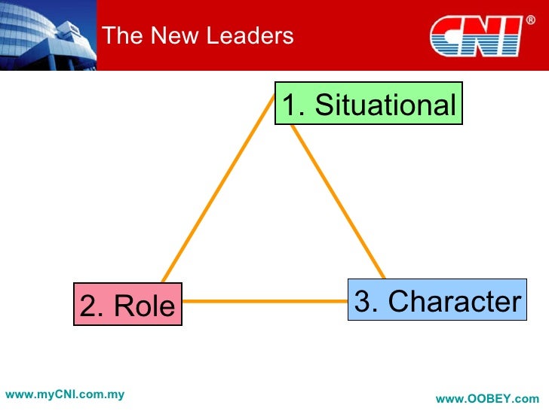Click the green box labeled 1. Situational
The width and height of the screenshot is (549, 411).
(369, 105)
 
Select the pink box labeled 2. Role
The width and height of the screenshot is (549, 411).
(127, 305)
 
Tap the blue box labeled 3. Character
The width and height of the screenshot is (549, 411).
(437, 300)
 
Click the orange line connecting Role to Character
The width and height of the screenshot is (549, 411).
(264, 302)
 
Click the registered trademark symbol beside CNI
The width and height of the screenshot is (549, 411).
(530, 20)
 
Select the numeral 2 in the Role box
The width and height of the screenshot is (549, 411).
(89, 306)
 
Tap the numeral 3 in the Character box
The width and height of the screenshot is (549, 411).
(363, 301)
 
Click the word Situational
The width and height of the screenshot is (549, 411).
(385, 105)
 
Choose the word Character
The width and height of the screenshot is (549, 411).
(455, 301)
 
